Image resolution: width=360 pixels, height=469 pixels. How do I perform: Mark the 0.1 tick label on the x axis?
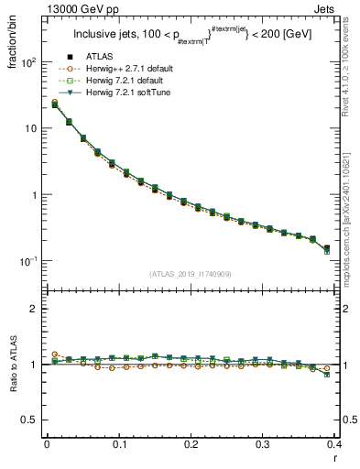coord(119,444)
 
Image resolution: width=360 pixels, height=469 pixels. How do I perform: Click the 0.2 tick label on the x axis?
coord(191,444)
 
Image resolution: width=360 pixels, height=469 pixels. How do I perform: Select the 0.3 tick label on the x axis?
coord(263,444)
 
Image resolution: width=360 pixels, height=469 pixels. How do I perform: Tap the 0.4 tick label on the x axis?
coord(334,444)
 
